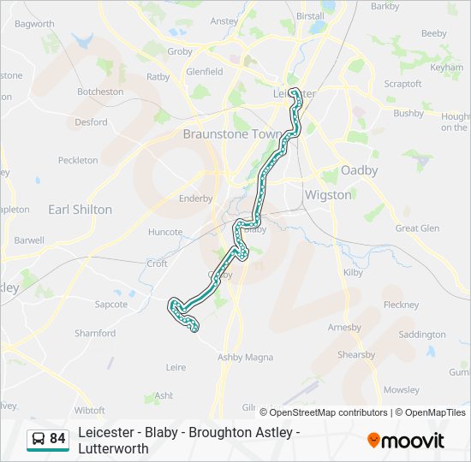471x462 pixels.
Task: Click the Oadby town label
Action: pos(359,170)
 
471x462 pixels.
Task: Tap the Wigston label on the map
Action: pos(328,195)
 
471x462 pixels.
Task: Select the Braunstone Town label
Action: pos(226,134)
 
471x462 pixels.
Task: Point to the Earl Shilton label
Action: pos(80,210)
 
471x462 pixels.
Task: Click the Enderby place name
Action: pos(195,198)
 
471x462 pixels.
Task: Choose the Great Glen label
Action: pos(417,228)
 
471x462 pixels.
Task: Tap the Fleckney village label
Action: pos(401,305)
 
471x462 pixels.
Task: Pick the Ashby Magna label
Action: pos(245,357)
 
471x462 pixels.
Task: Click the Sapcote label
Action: pos(110,304)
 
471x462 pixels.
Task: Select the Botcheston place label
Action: pos(100,92)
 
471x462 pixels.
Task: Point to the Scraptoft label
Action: pos(402,84)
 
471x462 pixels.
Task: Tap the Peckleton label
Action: pos(78,160)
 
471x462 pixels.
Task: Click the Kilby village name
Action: pos(353,271)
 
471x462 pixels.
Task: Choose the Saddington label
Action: pos(422,335)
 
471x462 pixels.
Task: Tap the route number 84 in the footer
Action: pos(57,439)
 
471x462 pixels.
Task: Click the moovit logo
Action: pos(406,441)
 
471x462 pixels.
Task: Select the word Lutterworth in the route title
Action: pos(113,448)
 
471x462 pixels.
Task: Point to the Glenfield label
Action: pos(204,72)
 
